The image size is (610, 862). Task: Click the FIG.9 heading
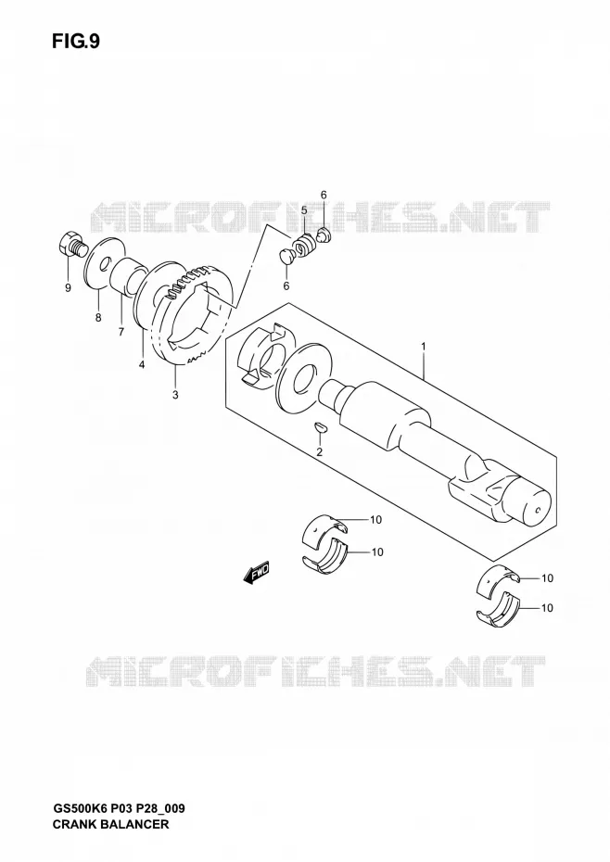click(76, 42)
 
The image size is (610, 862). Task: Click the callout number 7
click(121, 331)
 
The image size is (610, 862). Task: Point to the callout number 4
click(141, 364)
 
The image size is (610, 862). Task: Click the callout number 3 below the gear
click(175, 394)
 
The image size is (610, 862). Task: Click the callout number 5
click(304, 210)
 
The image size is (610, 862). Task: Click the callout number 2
click(319, 452)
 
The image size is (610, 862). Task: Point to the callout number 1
click(423, 347)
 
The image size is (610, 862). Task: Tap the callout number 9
click(68, 288)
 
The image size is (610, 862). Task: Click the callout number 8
click(98, 317)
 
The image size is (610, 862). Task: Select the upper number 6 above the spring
click(324, 195)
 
